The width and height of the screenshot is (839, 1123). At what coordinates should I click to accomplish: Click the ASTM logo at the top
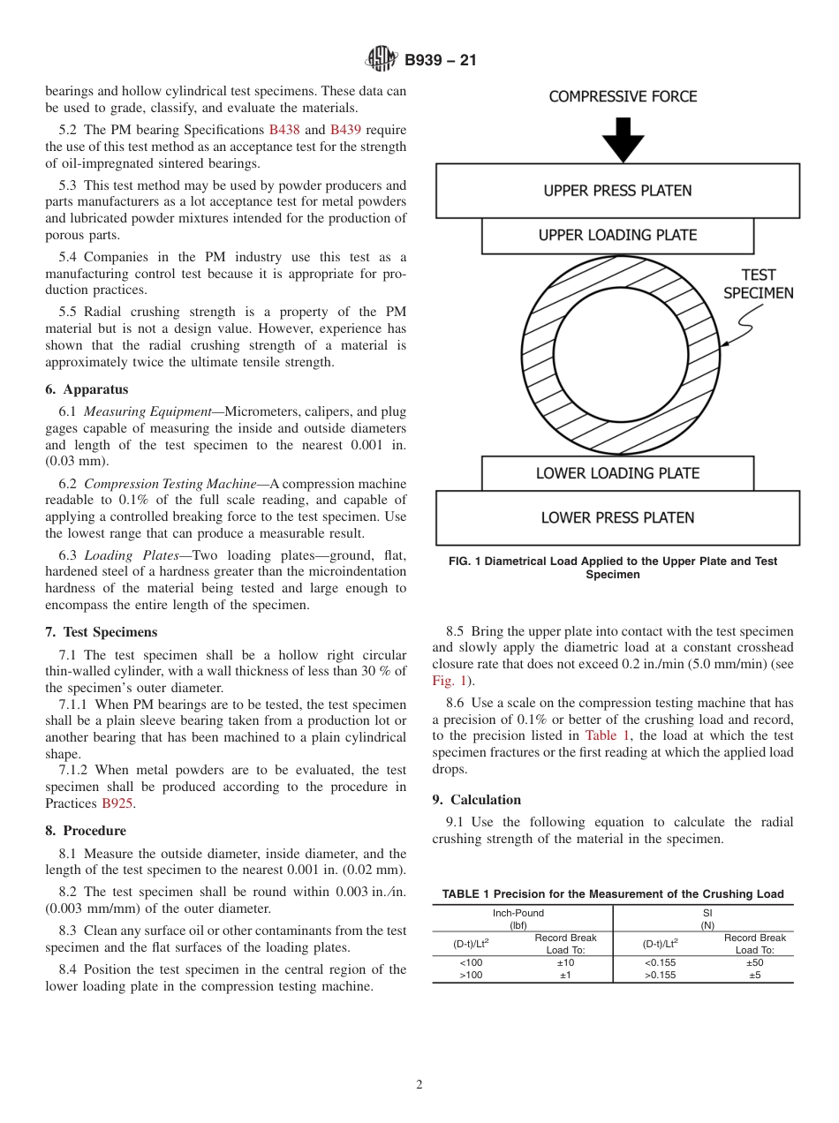point(382,60)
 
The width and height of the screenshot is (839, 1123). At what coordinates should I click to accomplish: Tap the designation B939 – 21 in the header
point(440,61)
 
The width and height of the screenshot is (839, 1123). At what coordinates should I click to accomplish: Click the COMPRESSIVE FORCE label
point(623,97)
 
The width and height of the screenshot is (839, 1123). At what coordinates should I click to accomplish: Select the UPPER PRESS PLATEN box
point(617,191)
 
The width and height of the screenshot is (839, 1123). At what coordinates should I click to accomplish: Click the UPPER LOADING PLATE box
point(617,236)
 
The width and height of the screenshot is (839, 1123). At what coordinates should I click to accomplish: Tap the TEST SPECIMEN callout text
point(758,284)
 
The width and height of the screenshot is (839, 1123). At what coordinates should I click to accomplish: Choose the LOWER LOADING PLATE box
point(617,473)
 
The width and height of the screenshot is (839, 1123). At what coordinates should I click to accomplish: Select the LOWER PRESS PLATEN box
point(617,518)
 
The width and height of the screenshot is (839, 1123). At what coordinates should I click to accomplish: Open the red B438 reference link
point(284,130)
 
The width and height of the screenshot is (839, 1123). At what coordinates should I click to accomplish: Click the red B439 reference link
point(345,130)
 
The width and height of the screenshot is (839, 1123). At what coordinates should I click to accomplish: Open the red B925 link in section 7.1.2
point(118,803)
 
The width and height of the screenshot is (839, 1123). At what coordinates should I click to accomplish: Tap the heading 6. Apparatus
point(87,389)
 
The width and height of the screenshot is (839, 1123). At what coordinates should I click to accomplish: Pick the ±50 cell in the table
point(755,962)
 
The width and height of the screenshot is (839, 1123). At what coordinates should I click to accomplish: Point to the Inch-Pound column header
point(518,913)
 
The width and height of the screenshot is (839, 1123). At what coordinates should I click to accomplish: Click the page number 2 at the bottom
point(419,1085)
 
